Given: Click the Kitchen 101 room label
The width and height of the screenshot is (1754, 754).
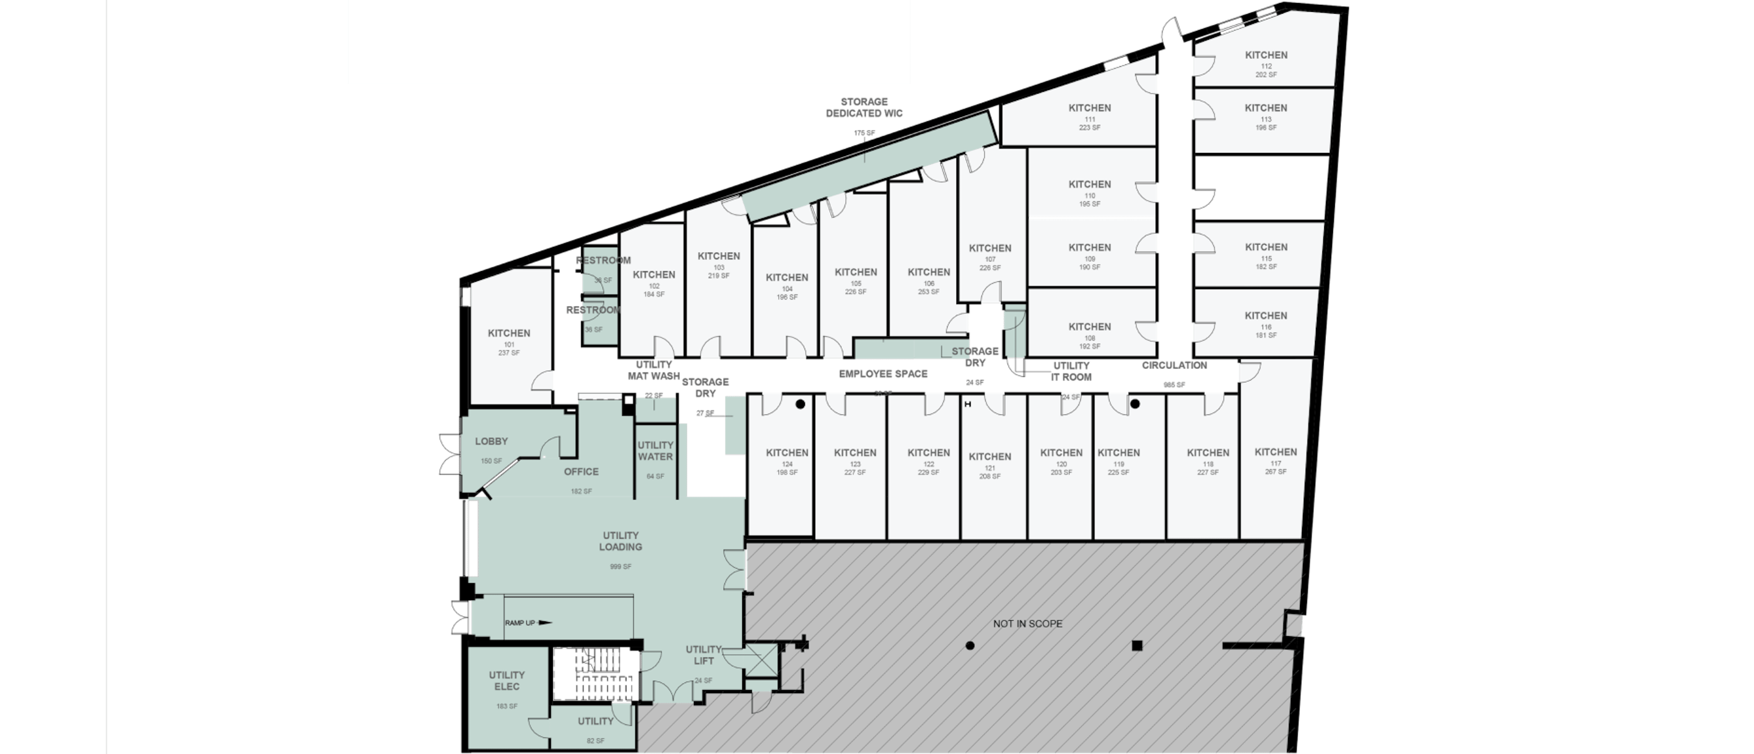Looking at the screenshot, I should [x=509, y=333].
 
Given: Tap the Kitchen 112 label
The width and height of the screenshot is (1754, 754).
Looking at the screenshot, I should [x=1266, y=55].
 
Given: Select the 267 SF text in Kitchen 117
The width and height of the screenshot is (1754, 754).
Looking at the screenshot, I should [x=1275, y=472].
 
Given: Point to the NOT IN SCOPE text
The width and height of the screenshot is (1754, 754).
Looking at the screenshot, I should [x=1027, y=623].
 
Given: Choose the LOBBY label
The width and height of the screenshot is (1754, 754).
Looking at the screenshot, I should [x=491, y=441].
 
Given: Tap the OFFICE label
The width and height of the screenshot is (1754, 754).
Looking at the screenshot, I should [x=581, y=472].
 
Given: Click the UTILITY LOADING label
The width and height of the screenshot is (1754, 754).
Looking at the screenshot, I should [x=620, y=541].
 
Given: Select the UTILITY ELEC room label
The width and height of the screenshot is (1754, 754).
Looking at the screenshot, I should [x=507, y=680].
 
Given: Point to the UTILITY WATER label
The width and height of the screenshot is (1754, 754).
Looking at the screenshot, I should [x=655, y=450].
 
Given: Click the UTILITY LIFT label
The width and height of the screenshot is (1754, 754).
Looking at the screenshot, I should [x=703, y=654].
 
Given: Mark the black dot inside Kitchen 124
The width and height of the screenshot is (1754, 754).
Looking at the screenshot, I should [x=800, y=404].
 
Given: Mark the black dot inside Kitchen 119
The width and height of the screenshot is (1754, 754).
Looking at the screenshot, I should [x=1135, y=404].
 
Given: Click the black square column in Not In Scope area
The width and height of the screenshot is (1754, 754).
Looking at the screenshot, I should [x=1136, y=646].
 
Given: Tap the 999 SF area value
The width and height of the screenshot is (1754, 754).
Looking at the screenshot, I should [x=620, y=566].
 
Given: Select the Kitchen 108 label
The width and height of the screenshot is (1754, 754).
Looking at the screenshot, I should [x=1089, y=327].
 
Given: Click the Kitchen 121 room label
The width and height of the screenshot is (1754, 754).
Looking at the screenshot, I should [x=989, y=457].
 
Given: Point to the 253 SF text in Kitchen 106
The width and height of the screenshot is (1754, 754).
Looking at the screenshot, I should [x=929, y=292].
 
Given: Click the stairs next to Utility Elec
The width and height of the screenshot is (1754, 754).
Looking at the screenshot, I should [x=596, y=674].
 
